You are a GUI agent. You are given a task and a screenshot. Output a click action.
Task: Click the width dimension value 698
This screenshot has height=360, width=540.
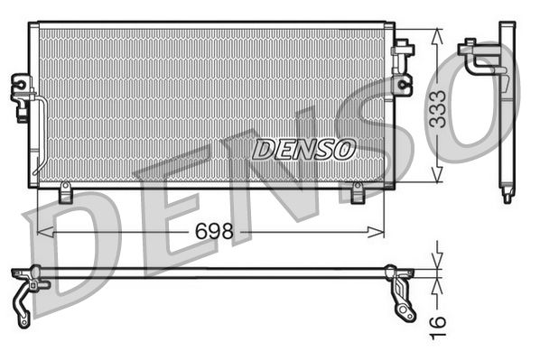(x=214, y=232)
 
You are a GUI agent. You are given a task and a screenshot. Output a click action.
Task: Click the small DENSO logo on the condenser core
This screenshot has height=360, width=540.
(x=303, y=149)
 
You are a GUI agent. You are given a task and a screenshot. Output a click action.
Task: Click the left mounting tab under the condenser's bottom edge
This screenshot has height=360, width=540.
(x=65, y=193)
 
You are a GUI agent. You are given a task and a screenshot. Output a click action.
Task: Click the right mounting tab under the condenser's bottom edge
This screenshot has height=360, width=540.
(x=357, y=193)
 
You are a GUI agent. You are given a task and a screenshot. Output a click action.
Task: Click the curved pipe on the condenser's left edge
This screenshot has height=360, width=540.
(x=41, y=135)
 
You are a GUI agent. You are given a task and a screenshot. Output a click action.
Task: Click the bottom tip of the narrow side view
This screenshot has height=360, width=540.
(x=507, y=196)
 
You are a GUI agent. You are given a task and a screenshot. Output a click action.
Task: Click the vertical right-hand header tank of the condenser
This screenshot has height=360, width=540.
(x=389, y=104)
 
